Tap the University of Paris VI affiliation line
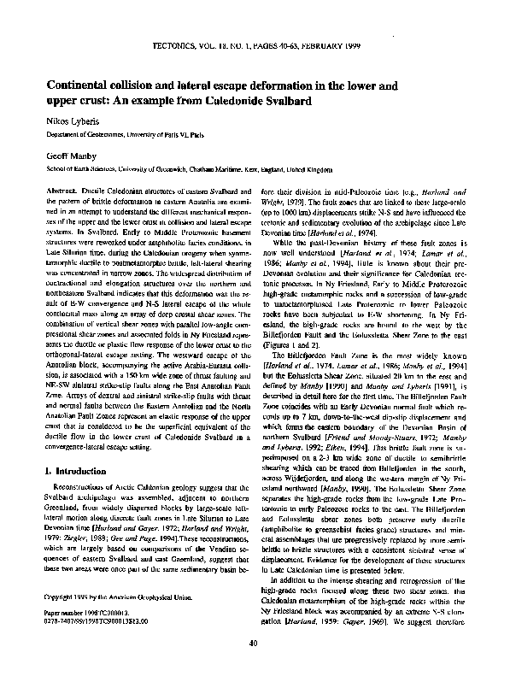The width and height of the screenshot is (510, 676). pyautogui.click(x=116, y=135)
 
